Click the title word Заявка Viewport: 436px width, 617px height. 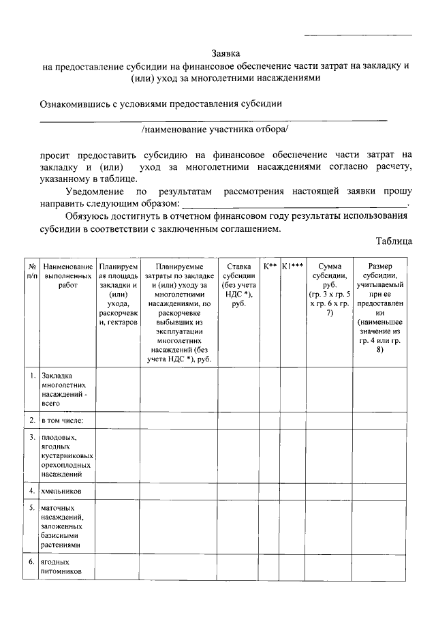pos(225,52)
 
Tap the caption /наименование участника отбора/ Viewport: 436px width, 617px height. pos(215,128)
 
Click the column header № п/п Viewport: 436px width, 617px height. pos(31,271)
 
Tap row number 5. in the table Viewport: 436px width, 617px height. pos(32,508)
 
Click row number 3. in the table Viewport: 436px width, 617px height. pos(32,437)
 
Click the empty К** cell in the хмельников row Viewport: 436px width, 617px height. pos(269,491)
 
